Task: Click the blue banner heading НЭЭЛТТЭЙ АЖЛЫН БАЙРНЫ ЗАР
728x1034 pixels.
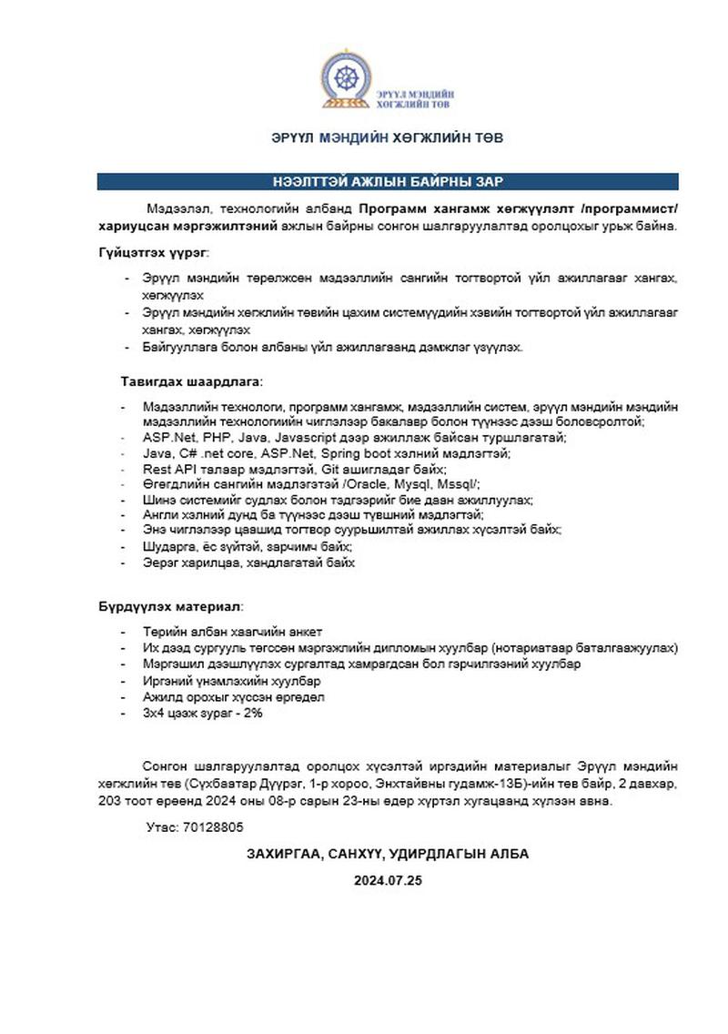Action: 388,181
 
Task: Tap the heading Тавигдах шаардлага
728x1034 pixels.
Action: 191,380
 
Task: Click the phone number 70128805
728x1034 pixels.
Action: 213,827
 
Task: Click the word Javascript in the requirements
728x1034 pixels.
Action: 303,438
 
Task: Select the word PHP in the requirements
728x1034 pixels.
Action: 203,438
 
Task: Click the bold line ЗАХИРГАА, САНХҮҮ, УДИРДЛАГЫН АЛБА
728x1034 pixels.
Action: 388,854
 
